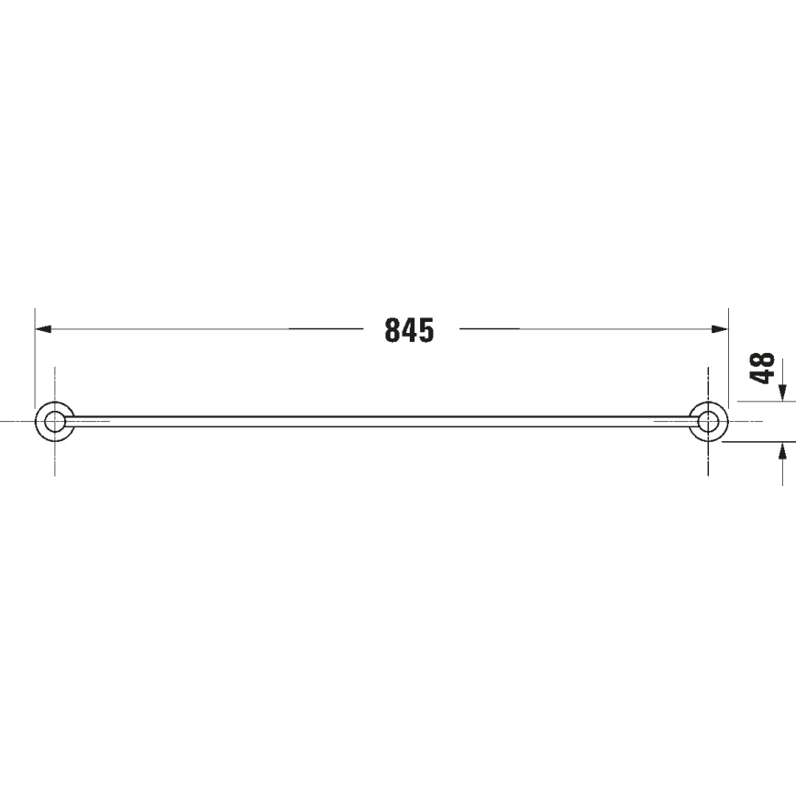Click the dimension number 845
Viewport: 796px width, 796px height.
[409, 330]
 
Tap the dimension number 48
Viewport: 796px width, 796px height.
[762, 369]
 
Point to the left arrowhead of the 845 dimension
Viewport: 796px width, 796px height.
[42, 328]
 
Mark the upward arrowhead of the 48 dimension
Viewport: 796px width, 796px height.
[782, 449]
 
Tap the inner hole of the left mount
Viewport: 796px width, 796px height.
[55, 421]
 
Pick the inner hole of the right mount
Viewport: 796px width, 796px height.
[708, 421]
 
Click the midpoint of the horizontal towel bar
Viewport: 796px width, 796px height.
[381, 421]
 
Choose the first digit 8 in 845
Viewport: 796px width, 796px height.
[392, 330]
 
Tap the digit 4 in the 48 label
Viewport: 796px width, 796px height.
[762, 377]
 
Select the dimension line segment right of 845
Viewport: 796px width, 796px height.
[587, 328]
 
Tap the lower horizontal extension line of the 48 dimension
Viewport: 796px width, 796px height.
[757, 441]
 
